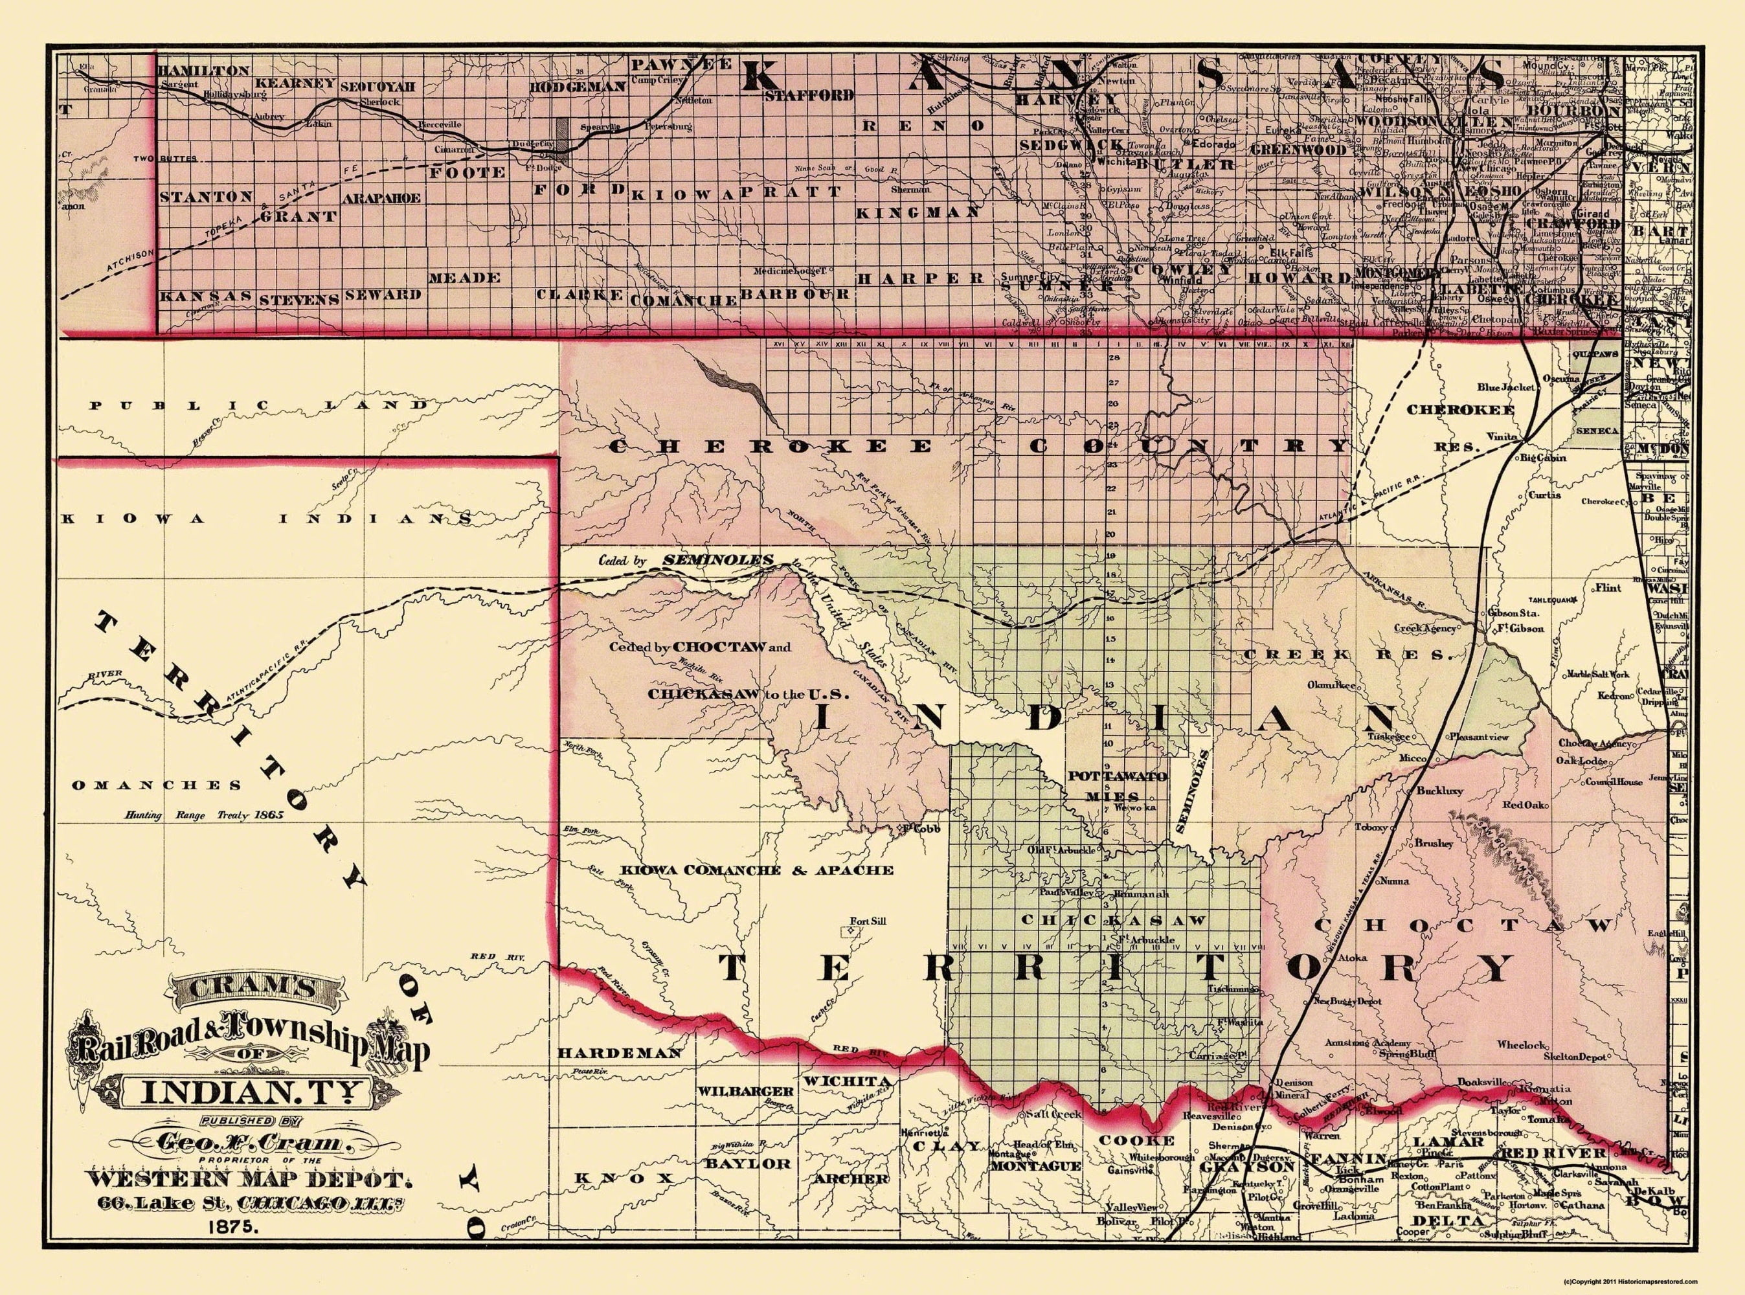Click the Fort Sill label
pyautogui.click(x=868, y=921)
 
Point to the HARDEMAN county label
pyautogui.click(x=619, y=1053)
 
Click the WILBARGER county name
pyautogui.click(x=745, y=1091)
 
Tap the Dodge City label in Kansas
pyautogui.click(x=531, y=144)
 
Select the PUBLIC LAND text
pyautogui.click(x=260, y=405)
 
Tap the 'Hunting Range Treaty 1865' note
pyautogui.click(x=204, y=815)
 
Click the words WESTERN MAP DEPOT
pyautogui.click(x=249, y=1180)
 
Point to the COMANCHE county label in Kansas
pyautogui.click(x=684, y=300)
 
